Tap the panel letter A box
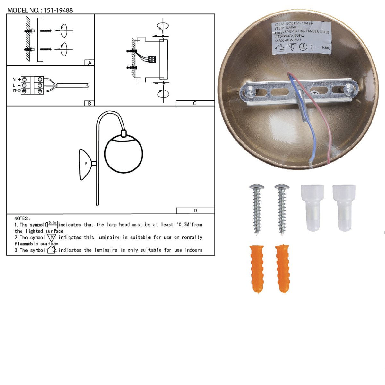(90, 63)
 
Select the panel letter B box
(90, 103)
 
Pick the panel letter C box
(195, 103)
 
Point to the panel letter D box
(195, 211)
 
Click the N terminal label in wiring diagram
(14, 79)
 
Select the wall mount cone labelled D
(85, 164)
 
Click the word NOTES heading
(22, 218)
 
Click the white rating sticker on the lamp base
(302, 38)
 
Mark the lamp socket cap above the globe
(124, 133)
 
